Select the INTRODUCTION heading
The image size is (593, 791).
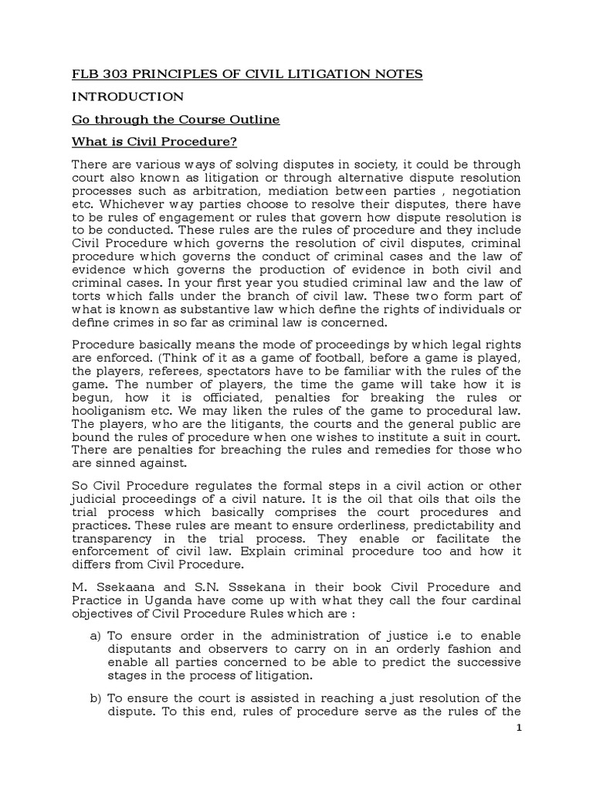(x=127, y=97)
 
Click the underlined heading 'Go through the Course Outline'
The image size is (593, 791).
(x=176, y=121)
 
